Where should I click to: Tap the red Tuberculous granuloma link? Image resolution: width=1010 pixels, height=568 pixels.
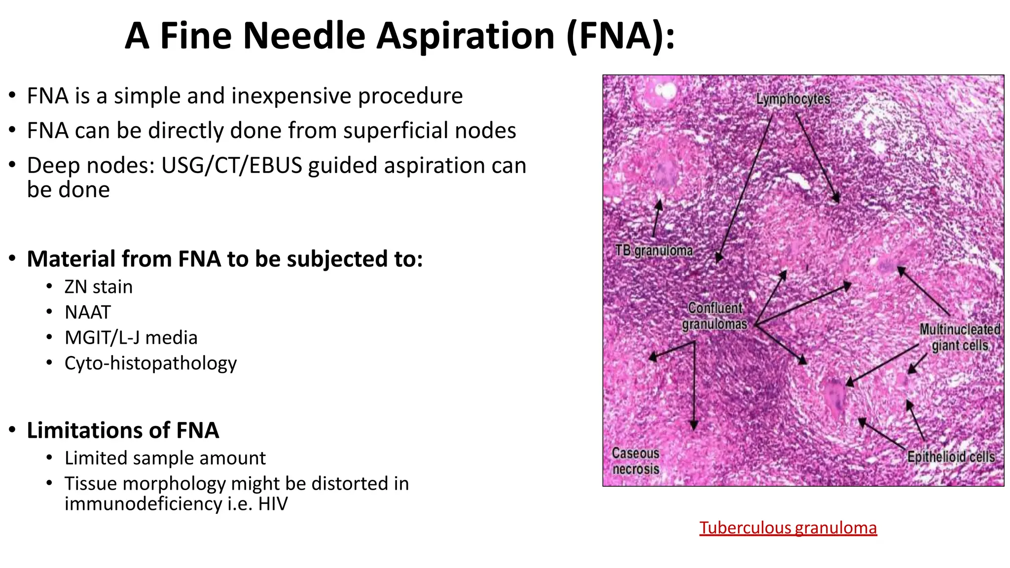click(x=788, y=528)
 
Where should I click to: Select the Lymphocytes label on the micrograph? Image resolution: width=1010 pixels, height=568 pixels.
click(x=793, y=99)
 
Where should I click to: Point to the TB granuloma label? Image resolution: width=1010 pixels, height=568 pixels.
click(x=653, y=251)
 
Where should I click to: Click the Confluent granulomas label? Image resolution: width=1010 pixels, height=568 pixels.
click(x=715, y=316)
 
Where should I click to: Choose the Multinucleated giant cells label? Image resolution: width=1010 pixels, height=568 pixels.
click(x=959, y=337)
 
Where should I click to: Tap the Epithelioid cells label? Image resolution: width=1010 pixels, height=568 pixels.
click(x=950, y=457)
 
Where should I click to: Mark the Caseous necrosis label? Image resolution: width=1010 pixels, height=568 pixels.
click(x=635, y=461)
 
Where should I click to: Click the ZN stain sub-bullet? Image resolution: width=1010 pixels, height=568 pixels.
click(x=98, y=287)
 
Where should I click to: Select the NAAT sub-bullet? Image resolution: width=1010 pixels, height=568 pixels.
click(x=88, y=313)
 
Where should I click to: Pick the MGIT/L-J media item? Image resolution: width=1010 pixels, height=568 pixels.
click(x=131, y=338)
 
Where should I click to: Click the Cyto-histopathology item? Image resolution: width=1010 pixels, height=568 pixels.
click(x=150, y=363)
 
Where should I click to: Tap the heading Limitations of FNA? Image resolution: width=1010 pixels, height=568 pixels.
click(x=122, y=430)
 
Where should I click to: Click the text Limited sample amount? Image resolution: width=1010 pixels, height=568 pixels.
click(x=165, y=458)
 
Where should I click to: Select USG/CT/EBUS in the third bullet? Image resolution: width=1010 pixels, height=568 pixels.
click(x=231, y=166)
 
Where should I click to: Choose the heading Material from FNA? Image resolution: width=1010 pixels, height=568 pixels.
click(x=224, y=259)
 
